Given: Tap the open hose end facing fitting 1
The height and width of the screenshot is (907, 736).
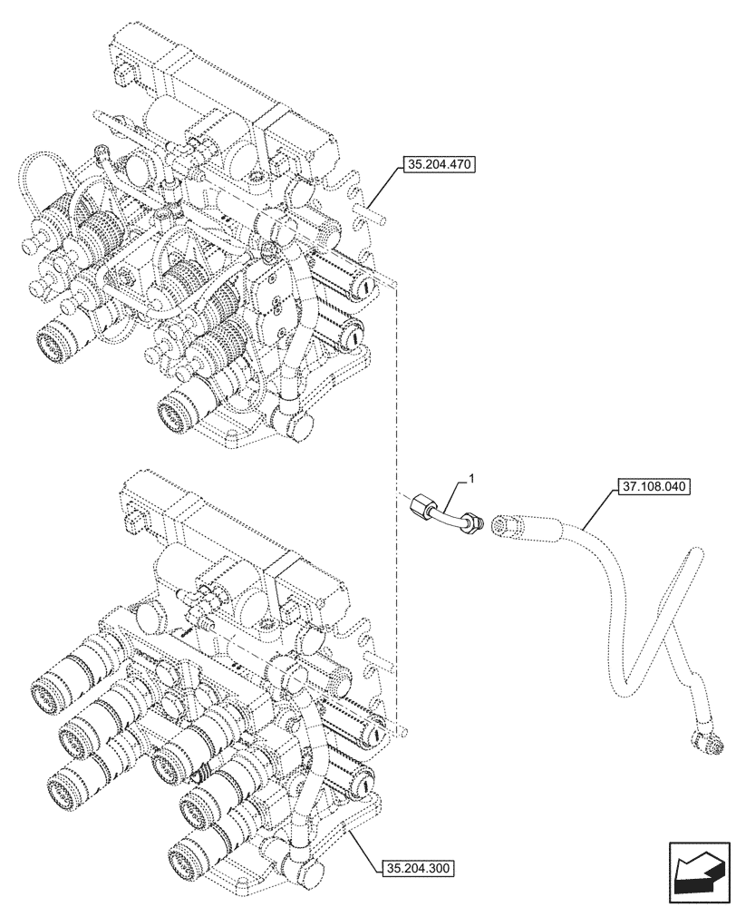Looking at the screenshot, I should point(502,524).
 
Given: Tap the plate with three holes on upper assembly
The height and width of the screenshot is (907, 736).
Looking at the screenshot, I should point(281,308).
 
